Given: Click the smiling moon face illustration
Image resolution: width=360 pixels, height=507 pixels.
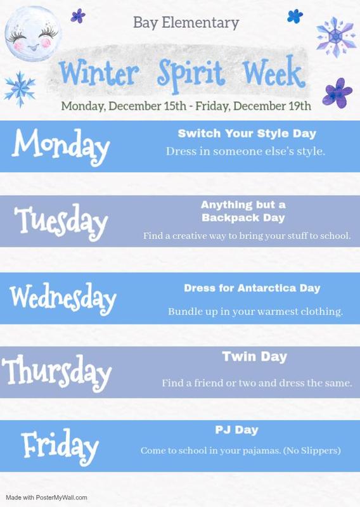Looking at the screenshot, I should (33, 34).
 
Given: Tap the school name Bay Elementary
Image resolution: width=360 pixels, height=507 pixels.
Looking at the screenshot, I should (186, 23).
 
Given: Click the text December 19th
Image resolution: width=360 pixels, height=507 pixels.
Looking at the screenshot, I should (272, 106).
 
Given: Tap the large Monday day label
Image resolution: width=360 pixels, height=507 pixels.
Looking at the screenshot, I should (61, 146).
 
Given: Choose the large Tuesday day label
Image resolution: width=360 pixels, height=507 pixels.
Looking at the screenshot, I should (61, 221).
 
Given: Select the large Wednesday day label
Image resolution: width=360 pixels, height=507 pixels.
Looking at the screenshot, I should (63, 298).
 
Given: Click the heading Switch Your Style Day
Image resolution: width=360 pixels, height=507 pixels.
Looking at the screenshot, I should (247, 134).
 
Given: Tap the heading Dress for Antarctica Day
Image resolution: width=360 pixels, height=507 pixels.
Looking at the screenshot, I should (252, 288).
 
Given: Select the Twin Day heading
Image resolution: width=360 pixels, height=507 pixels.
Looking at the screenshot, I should (254, 357).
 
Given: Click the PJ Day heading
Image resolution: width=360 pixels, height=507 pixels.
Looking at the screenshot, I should (236, 430).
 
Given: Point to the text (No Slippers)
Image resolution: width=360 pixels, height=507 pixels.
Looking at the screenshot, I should (312, 451).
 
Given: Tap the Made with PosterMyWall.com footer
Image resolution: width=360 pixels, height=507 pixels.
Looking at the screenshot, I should (47, 497).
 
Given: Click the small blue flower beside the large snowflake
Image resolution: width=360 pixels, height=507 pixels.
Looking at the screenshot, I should (295, 16).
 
